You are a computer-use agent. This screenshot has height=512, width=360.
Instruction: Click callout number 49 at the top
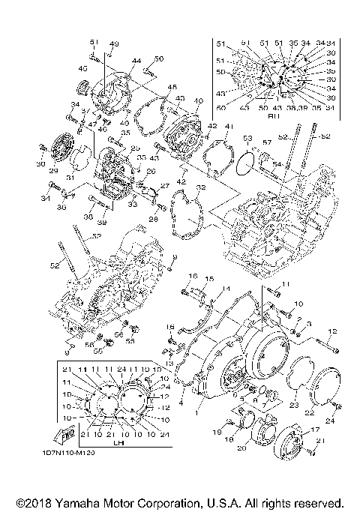pyautogui.click(x=115, y=43)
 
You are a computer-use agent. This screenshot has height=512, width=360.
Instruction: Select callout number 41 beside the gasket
pyautogui.click(x=229, y=127)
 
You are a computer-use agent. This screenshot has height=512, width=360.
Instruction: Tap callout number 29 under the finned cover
pyautogui.click(x=52, y=172)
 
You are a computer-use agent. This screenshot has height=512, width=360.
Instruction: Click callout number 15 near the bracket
pyautogui.click(x=210, y=279)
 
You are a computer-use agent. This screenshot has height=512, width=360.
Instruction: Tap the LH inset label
pyautogui.click(x=117, y=442)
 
